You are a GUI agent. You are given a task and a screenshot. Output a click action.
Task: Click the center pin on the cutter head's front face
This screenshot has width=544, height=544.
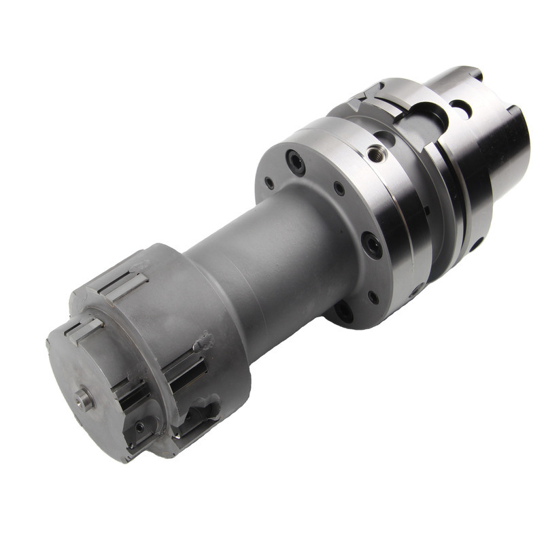point(84,398)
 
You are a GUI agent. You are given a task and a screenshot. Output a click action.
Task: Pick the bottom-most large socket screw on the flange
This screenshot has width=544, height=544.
point(344,311)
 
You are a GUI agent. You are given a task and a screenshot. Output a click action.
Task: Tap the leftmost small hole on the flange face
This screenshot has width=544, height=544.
point(270,183)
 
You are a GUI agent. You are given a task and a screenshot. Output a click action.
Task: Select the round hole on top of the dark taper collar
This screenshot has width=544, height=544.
point(461,107)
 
